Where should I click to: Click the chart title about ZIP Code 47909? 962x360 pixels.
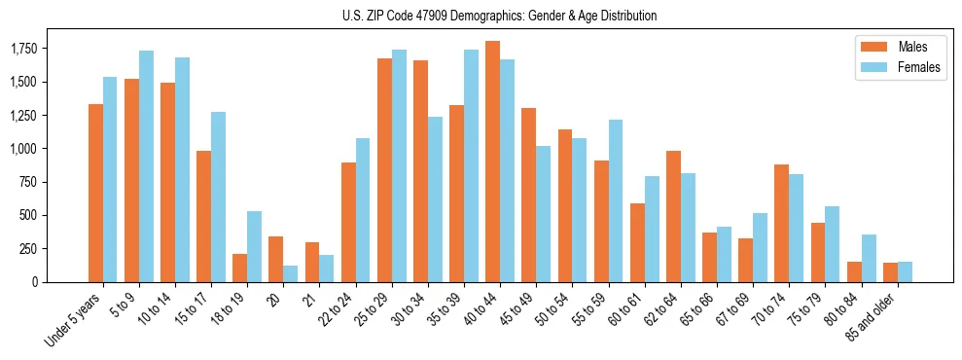tap(499, 16)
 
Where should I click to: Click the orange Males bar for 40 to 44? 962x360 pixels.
tap(492, 162)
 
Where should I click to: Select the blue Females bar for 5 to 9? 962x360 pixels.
tap(146, 166)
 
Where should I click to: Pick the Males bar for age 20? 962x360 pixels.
tap(275, 259)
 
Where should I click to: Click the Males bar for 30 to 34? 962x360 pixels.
tap(420, 171)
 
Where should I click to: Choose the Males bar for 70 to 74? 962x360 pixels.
tap(781, 223)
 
